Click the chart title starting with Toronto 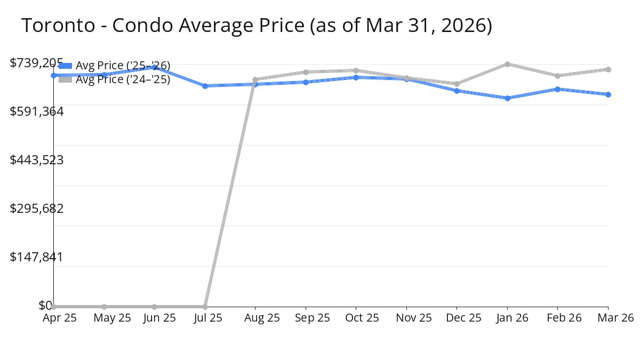click(256, 26)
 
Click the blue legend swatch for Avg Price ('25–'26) click(65, 66)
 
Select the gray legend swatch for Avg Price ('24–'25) click(65, 79)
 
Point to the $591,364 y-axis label click(37, 111)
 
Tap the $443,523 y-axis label click(37, 160)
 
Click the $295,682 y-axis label click(37, 209)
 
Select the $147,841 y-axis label click(37, 257)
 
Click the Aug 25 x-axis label click(255, 318)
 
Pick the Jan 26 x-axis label click(507, 318)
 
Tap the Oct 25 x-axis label click(356, 318)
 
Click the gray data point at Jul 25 click(205, 307)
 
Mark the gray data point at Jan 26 click(507, 64)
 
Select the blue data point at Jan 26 click(507, 98)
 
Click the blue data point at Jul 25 click(205, 86)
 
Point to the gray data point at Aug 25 click(255, 79)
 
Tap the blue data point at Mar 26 click(608, 94)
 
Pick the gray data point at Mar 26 click(608, 69)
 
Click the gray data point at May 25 click(104, 307)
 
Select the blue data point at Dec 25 click(457, 91)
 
